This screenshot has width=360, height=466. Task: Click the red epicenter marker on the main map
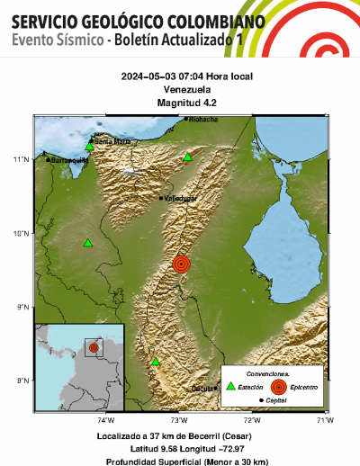point(181,264)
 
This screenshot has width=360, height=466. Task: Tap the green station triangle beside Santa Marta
point(89,145)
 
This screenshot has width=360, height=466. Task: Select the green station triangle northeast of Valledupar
point(188,157)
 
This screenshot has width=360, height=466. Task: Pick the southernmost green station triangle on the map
point(156,362)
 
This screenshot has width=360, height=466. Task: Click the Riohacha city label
point(202,119)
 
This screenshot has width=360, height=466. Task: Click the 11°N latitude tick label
point(22,159)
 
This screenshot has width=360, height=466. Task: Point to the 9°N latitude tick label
point(22,307)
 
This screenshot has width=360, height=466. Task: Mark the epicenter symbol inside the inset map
point(93,346)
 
